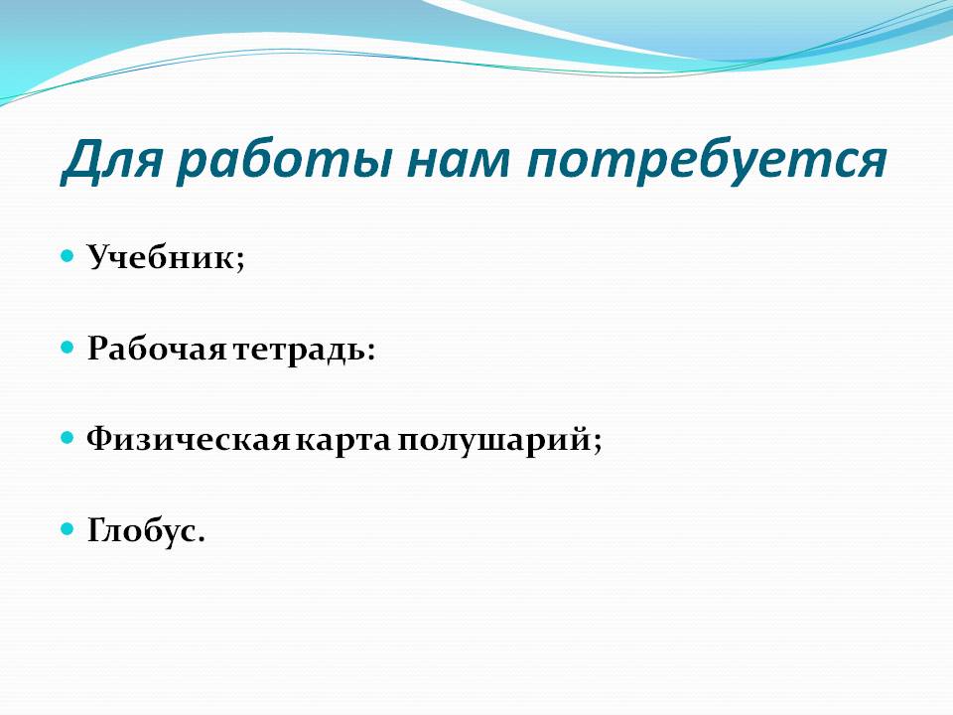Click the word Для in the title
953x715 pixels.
point(112,161)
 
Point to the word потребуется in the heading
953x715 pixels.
point(706,163)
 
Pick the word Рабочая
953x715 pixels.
point(156,349)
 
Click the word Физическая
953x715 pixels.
point(188,440)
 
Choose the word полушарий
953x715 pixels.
point(493,440)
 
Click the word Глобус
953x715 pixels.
point(140,530)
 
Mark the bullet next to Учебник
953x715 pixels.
point(68,255)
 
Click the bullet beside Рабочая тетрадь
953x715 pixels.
point(68,348)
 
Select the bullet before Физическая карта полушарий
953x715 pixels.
point(68,438)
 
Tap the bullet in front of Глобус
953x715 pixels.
point(68,529)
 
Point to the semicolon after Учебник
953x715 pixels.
point(239,261)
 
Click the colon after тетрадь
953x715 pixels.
point(370,351)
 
